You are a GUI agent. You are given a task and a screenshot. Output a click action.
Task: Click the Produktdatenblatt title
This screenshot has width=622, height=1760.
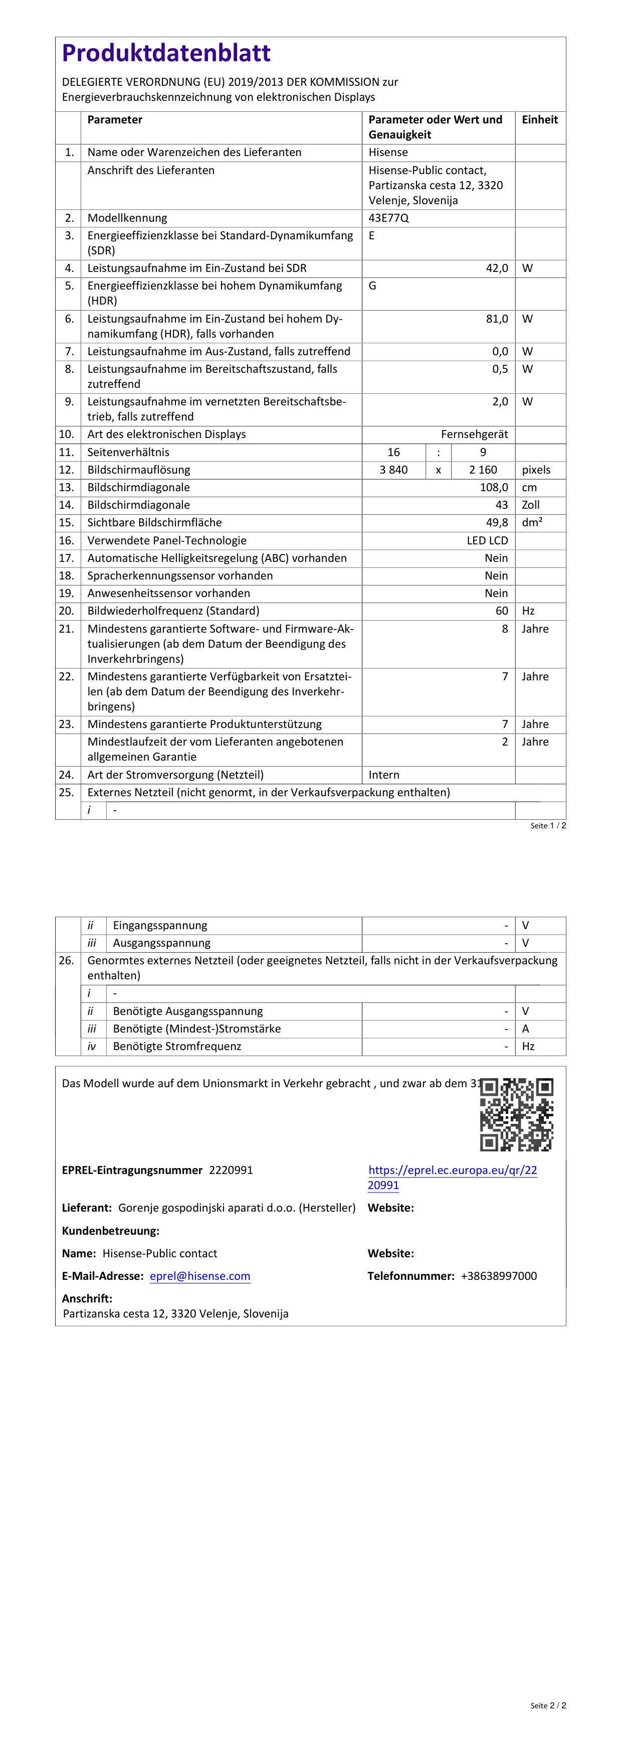point(166,53)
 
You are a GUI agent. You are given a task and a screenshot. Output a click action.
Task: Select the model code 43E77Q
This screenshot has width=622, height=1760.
point(388,218)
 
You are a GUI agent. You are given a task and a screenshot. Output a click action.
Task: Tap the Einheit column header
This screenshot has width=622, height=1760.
point(539,119)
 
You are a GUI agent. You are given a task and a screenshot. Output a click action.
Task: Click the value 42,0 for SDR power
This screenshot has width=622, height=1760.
point(496,268)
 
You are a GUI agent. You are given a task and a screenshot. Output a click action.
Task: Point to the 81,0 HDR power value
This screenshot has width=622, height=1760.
point(496,319)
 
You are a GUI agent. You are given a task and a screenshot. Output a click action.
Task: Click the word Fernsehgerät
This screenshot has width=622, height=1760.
point(474,434)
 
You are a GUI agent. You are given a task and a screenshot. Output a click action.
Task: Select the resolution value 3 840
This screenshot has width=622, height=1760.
point(393,470)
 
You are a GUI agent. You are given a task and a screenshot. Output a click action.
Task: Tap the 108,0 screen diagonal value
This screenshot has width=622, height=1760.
point(494,487)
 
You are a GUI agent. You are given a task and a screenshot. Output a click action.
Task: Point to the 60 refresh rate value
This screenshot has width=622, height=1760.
point(501,611)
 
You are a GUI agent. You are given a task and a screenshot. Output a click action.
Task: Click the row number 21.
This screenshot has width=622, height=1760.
point(66,629)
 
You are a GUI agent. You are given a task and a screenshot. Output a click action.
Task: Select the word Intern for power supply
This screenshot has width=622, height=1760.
point(384,775)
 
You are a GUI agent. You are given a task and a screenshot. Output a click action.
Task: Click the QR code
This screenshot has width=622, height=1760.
point(516,1114)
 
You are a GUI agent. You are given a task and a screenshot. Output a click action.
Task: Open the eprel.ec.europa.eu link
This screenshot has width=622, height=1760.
point(452,1177)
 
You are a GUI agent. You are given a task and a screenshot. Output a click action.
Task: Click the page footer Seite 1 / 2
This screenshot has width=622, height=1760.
point(548,825)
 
